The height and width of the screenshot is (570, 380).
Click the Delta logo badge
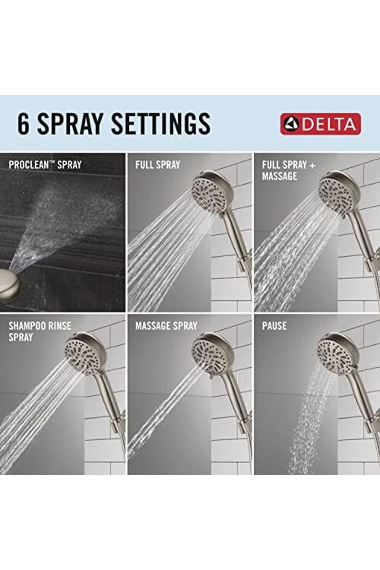pos(320,124)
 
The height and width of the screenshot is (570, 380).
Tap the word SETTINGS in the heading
pos(161,124)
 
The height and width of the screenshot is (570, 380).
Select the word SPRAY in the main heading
pos(70,124)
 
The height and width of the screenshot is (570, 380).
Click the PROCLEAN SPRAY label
pos(45,165)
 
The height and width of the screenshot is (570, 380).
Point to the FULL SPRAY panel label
pos(158,165)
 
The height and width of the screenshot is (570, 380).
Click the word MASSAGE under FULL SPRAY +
pos(279,176)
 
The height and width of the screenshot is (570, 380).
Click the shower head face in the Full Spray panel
pos(209,193)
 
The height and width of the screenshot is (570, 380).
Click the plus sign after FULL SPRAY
pos(312,165)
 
